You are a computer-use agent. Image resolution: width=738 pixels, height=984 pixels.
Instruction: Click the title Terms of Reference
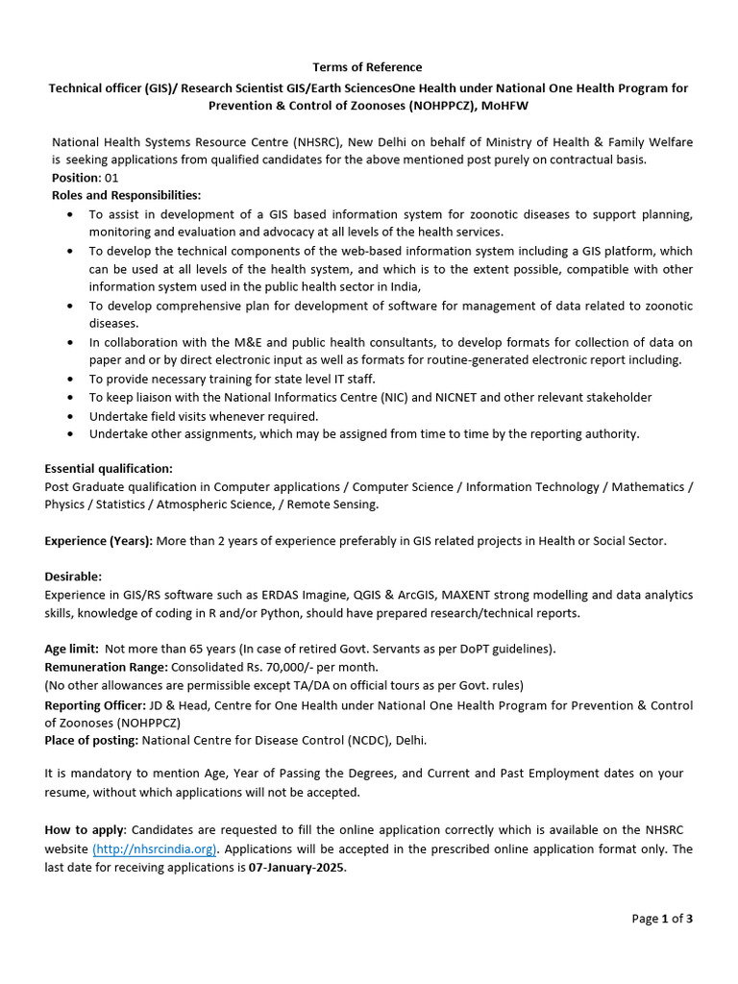[367, 67]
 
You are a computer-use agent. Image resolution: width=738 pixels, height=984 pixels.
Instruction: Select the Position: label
[76, 178]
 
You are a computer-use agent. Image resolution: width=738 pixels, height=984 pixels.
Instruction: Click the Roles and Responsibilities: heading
[126, 196]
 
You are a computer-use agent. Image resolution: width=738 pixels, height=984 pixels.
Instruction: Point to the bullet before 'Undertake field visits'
[72, 416]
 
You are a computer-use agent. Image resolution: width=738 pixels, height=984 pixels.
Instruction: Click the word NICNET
[467, 397]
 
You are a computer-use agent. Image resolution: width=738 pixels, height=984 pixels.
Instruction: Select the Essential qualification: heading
[109, 469]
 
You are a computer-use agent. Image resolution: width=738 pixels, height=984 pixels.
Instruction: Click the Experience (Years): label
[98, 541]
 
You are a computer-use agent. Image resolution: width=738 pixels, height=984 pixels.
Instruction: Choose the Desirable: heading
[73, 577]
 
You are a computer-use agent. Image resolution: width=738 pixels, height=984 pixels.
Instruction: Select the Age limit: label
[71, 649]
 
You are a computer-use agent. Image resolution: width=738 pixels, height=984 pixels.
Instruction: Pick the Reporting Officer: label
[94, 705]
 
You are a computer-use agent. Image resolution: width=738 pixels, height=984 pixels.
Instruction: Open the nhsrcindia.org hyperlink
[155, 849]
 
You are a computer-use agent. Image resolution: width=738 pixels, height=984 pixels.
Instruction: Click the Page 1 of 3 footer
[661, 919]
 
